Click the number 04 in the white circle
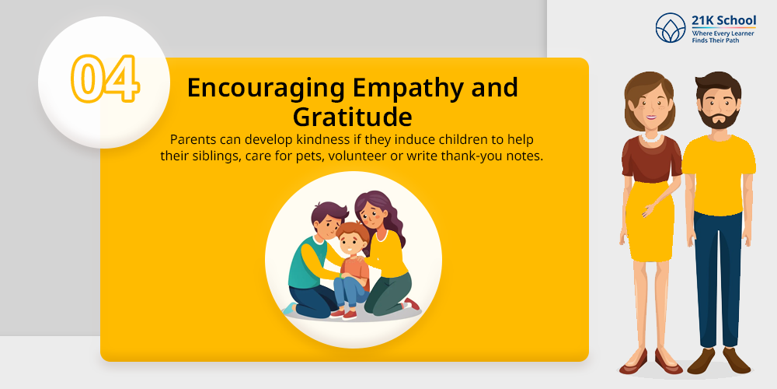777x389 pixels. (x=105, y=79)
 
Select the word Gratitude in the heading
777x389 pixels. (x=352, y=117)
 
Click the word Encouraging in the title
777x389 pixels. (x=266, y=89)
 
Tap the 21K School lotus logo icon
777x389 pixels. (x=670, y=28)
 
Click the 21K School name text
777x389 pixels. (x=724, y=21)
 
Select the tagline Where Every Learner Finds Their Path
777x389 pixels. (x=723, y=37)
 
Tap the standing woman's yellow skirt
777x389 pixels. (x=649, y=220)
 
